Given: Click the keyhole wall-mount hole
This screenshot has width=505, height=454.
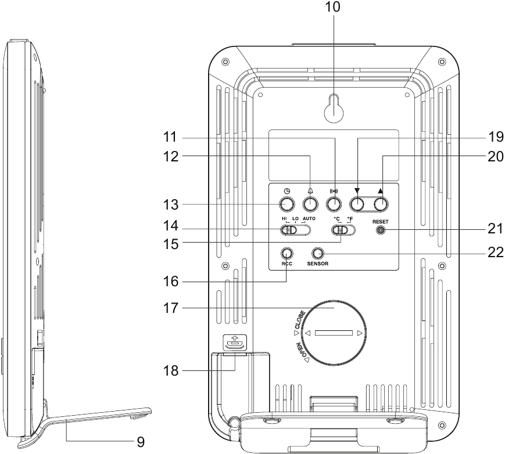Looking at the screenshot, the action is (x=334, y=111).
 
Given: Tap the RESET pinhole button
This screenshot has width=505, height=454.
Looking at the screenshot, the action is (x=381, y=230).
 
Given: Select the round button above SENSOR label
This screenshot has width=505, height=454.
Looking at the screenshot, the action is (x=318, y=254).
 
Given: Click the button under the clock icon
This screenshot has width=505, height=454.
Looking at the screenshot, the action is (x=286, y=204).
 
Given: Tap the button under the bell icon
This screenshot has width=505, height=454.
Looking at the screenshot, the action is (x=310, y=204).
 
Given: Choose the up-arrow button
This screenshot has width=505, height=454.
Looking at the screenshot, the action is (x=381, y=204).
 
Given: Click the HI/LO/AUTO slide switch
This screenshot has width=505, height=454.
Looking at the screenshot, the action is (x=296, y=230).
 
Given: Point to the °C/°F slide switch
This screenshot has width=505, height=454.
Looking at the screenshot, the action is (x=343, y=230).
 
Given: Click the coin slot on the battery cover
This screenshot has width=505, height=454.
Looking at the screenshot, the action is (x=334, y=333).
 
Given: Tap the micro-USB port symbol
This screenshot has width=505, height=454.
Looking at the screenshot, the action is (x=234, y=343).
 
